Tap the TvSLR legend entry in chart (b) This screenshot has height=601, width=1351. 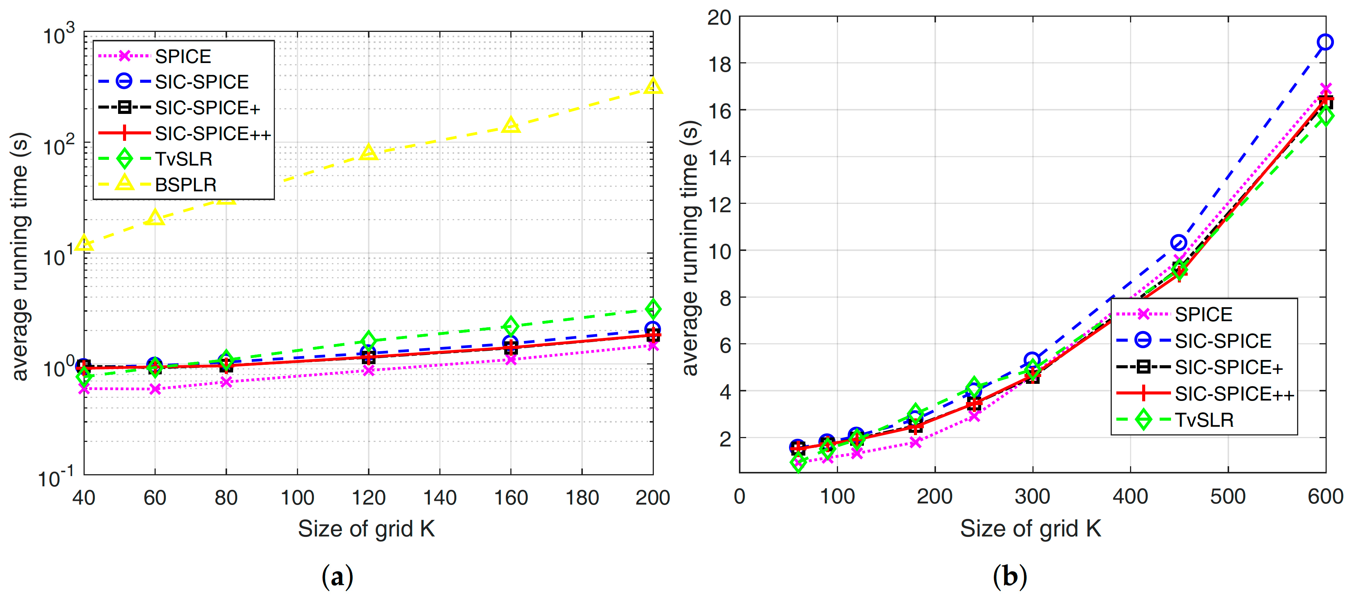coord(1204,420)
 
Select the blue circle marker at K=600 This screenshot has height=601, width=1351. coord(1325,42)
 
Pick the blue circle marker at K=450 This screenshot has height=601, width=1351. coord(1179,243)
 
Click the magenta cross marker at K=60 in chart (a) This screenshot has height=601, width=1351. coord(155,389)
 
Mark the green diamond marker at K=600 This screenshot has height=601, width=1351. coord(1325,116)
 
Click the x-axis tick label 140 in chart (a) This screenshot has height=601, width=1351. coord(439,497)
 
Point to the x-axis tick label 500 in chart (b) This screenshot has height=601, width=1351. coord(1228,496)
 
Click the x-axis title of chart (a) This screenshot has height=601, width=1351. coord(366,528)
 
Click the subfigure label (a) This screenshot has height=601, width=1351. coord(337,577)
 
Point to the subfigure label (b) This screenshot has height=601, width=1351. coord(1010,577)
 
